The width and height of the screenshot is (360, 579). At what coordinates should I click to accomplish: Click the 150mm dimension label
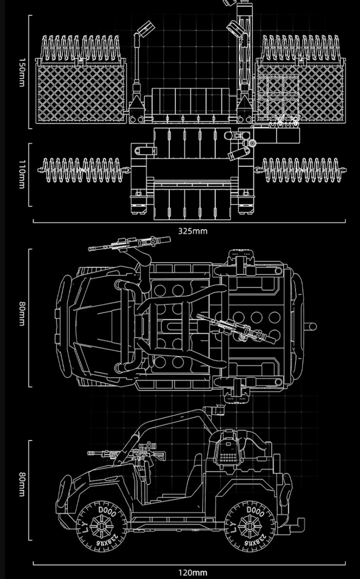[x=22, y=72]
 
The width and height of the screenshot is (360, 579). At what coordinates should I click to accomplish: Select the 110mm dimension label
[x=22, y=174]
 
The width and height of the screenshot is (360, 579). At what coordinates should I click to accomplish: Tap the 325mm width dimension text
[x=193, y=231]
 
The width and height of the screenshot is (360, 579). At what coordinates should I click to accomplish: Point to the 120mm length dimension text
[x=193, y=573]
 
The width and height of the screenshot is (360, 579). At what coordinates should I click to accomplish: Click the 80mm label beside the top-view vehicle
[x=22, y=314]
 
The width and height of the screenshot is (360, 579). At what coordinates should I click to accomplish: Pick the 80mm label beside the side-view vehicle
[x=22, y=484]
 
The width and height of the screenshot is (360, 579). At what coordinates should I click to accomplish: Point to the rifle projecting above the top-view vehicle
[x=130, y=244]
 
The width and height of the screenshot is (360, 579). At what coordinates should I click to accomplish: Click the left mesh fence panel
[x=81, y=93]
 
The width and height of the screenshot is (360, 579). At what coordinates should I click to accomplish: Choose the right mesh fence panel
[x=300, y=93]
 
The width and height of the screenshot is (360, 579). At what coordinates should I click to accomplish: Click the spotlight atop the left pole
[x=144, y=30]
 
